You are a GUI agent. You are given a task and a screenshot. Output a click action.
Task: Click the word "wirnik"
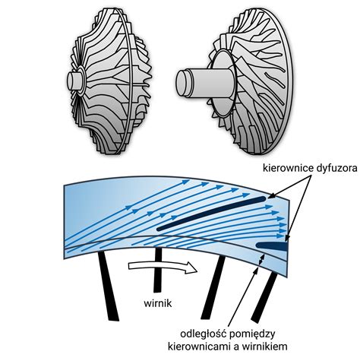pyautogui.click(x=158, y=303)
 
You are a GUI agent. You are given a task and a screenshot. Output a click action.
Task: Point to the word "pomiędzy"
pyautogui.click(x=252, y=334)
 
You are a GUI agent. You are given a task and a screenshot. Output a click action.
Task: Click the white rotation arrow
pyautogui.click(x=163, y=267)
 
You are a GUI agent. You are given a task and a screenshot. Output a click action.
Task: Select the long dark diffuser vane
pyautogui.click(x=211, y=214)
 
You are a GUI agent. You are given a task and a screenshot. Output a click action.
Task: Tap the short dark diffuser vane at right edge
pyautogui.click(x=272, y=246)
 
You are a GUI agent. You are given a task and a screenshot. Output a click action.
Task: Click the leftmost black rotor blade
pyautogui.click(x=108, y=286)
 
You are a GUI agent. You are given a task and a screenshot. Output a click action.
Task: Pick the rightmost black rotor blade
pyautogui.click(x=264, y=298)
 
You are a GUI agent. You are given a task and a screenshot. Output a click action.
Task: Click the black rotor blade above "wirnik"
pyautogui.click(x=157, y=270)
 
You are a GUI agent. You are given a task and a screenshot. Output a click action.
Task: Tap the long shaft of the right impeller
pyautogui.click(x=205, y=83)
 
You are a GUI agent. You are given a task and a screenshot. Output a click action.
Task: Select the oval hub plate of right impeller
pyautogui.click(x=223, y=84)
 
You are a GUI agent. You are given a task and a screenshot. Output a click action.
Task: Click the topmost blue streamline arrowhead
pyautogui.click(x=186, y=182)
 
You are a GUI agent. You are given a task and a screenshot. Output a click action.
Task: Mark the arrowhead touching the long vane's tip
pyautogui.click(x=268, y=207)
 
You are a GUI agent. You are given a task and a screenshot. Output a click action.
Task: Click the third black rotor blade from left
pyautogui.click(x=213, y=287)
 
